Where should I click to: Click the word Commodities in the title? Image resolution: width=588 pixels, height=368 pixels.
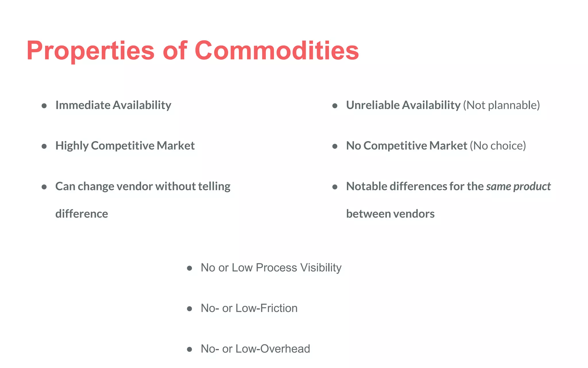276,51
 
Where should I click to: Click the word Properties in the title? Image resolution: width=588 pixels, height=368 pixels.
90,51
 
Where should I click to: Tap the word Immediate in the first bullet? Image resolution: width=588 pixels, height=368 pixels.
83,105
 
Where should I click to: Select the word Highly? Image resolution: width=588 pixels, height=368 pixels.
72,146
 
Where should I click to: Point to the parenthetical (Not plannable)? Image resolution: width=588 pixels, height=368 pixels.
501,105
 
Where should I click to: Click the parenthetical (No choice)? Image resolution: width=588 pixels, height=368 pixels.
498,146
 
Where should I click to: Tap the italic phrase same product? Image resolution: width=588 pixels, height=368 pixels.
518,186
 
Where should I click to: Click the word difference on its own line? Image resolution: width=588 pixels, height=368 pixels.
82,214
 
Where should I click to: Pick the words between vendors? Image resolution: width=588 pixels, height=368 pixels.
390,214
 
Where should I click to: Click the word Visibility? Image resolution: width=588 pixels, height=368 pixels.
321,268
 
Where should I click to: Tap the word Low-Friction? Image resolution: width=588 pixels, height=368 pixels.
266,308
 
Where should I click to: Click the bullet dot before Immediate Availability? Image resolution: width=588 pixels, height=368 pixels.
44,106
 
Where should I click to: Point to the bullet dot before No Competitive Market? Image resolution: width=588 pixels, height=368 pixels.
334,146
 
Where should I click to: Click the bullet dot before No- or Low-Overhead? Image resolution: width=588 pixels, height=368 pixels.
189,349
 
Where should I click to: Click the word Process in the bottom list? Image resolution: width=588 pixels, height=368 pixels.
276,268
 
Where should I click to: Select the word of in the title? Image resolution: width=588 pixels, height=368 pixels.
175,51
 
